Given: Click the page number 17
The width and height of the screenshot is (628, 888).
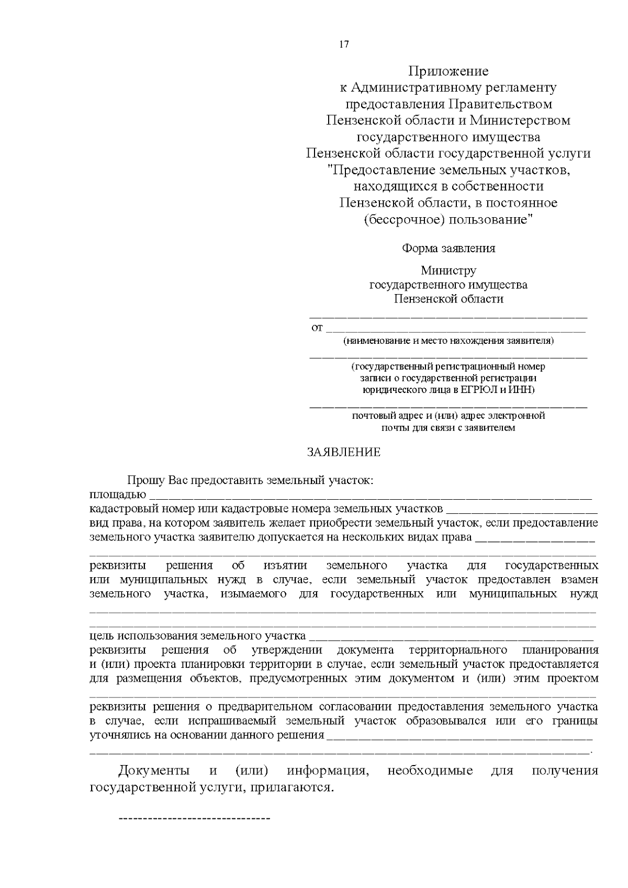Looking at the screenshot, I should tap(344, 44).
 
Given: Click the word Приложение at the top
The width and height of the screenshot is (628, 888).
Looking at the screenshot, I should tap(448, 71).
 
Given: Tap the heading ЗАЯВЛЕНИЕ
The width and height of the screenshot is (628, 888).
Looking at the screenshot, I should tap(343, 452).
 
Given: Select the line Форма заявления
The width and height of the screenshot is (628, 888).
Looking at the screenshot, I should tap(448, 249).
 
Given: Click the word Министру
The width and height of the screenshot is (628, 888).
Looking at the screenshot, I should tap(448, 271).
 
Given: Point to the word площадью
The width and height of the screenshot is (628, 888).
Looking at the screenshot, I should tap(118, 495).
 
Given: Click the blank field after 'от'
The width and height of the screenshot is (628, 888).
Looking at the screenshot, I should tap(455, 329).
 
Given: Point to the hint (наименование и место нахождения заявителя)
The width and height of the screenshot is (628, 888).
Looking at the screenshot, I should tap(448, 341).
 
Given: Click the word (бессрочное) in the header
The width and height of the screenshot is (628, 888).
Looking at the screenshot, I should tap(404, 220).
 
